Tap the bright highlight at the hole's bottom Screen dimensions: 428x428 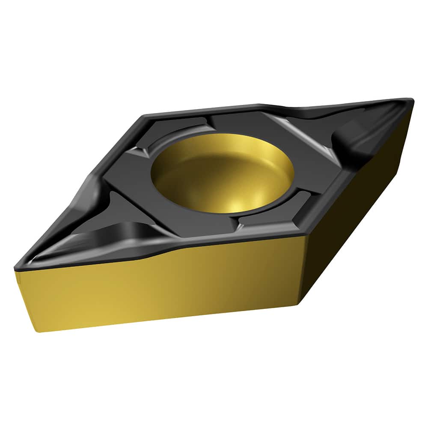[x=235, y=205]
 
